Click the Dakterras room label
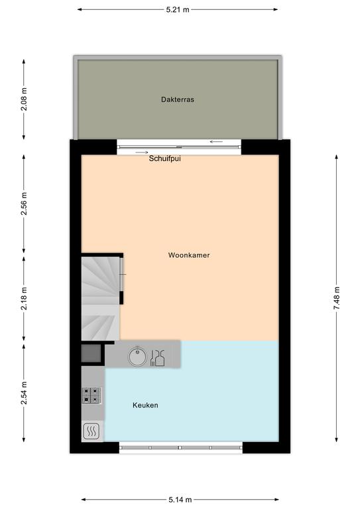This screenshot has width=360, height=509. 178,99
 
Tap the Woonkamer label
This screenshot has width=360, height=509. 189,255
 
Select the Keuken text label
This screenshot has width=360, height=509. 145,405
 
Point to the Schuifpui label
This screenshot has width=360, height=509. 164,159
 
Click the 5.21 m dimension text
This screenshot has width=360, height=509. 178,10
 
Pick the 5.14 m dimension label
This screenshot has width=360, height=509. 180,500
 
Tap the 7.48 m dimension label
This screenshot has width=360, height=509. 337,298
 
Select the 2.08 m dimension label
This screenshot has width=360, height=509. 24,99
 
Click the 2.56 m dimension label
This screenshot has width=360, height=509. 24,204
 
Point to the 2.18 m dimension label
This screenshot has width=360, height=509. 24,299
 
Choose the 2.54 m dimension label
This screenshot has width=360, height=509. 24,393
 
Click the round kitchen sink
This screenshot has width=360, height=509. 137,357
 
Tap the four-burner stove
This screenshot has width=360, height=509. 91,396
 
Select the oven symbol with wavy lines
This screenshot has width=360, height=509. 91,431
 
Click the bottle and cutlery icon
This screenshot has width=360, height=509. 157,358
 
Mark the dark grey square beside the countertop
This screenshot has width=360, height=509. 91,353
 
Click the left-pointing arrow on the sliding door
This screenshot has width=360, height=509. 216,142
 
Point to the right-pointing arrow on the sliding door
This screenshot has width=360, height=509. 142,152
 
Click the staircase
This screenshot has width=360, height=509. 100,299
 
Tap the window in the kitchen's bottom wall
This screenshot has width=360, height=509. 181,447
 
